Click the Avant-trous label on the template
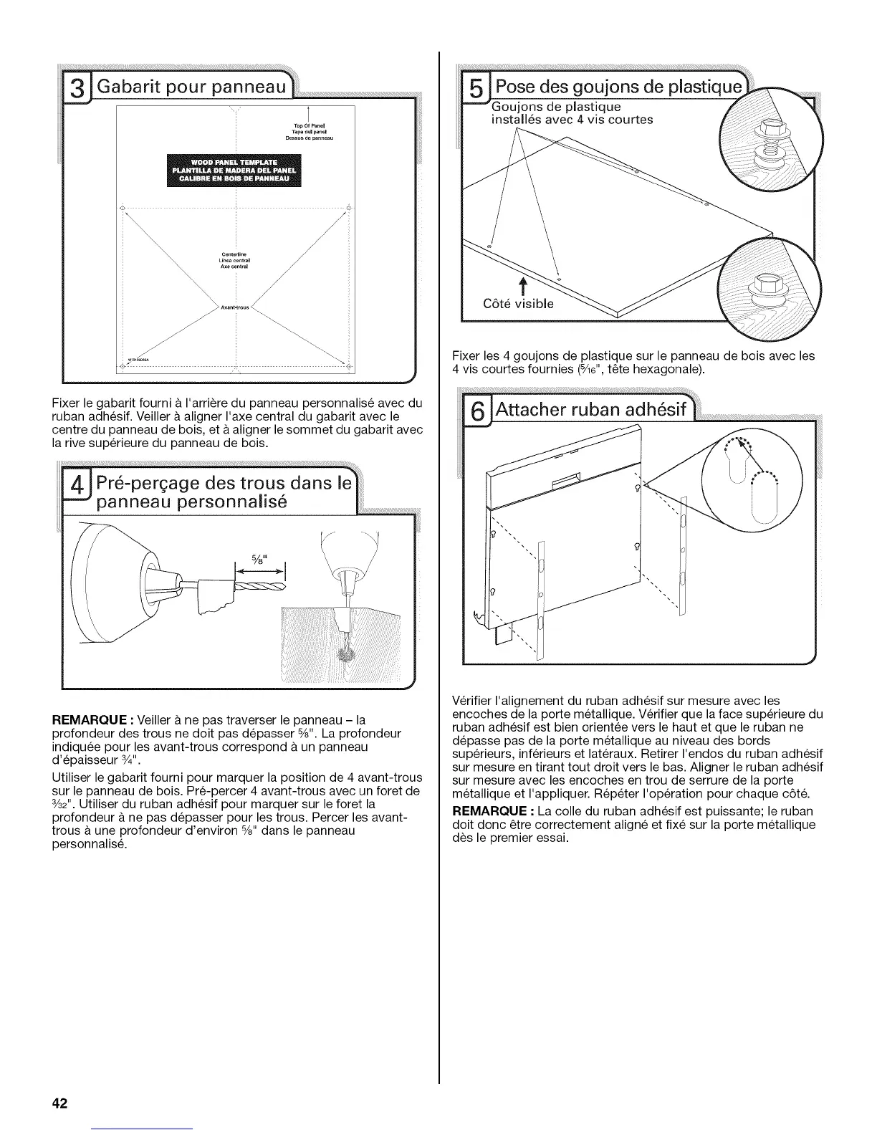236,309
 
